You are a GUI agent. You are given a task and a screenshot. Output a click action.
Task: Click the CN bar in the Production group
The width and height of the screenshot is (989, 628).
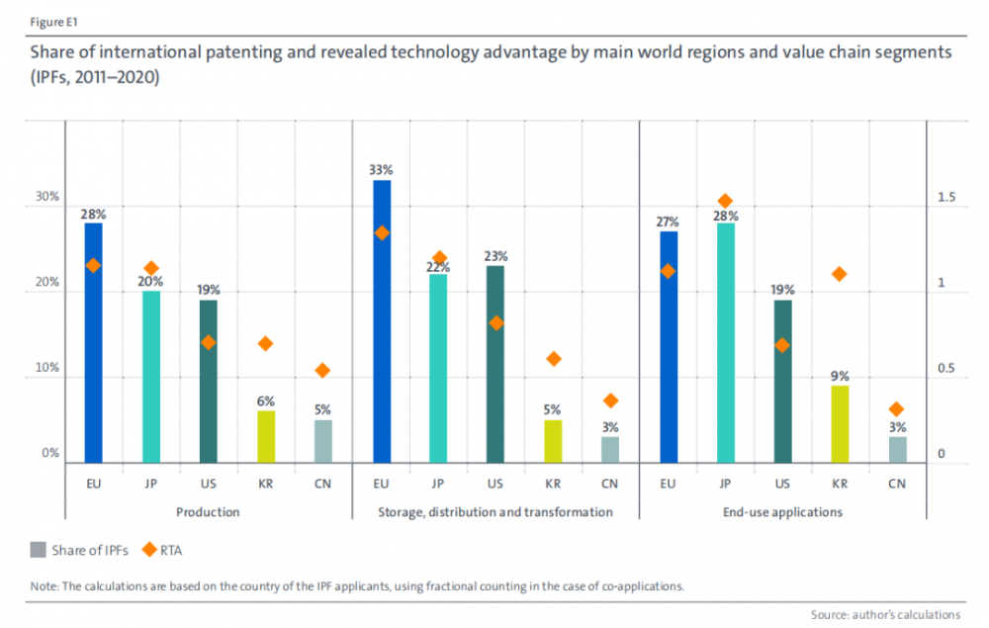click(x=323, y=441)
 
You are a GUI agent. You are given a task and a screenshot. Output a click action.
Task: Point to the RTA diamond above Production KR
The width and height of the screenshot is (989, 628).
click(x=265, y=343)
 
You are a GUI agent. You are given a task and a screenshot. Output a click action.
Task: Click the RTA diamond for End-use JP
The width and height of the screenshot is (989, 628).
click(x=725, y=201)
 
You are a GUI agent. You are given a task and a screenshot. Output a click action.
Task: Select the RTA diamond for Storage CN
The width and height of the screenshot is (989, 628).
click(x=610, y=401)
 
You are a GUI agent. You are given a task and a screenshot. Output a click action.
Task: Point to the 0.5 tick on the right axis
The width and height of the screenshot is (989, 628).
click(x=946, y=369)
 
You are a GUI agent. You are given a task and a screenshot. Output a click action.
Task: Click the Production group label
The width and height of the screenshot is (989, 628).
click(x=208, y=512)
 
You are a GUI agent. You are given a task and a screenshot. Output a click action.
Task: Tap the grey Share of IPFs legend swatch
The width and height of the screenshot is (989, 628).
click(x=39, y=551)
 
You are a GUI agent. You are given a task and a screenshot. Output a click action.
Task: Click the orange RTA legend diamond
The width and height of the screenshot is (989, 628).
click(x=149, y=551)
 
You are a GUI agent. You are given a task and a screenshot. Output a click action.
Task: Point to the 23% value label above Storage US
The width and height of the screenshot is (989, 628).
click(x=496, y=254)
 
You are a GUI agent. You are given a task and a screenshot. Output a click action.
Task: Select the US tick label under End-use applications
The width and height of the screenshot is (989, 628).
click(x=782, y=484)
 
